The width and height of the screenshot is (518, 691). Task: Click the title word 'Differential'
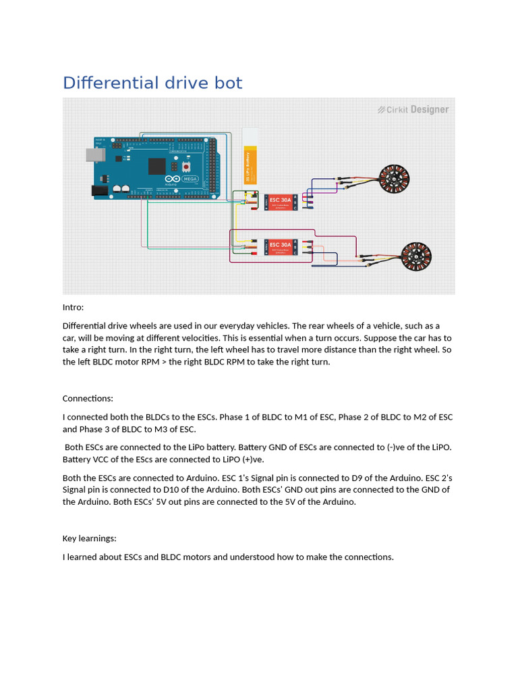109,83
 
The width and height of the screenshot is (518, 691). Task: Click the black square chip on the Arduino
156,166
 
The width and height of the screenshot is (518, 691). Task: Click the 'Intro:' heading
74,307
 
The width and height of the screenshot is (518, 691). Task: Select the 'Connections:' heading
88,398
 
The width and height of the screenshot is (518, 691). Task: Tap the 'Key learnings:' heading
90,538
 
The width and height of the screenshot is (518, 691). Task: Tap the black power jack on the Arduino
99,191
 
